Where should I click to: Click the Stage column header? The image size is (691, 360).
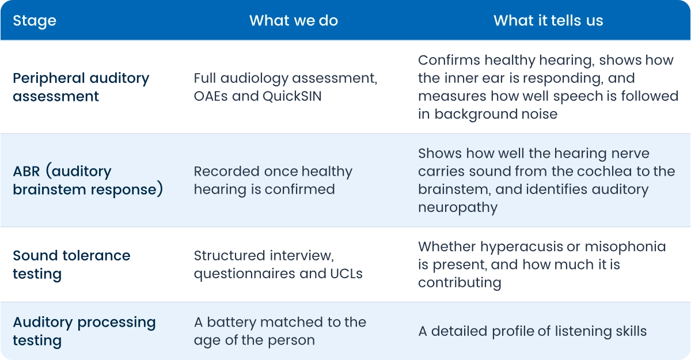35,21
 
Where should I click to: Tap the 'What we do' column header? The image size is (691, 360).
293,21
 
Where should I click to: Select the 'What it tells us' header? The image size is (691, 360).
548,21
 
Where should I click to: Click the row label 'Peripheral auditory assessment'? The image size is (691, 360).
81,87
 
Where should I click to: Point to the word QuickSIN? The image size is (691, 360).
292,96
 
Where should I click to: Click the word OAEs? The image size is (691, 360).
210,96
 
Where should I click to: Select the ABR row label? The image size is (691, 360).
88,180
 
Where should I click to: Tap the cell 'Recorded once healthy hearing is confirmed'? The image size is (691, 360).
273,180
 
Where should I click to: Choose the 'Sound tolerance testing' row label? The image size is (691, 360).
71,264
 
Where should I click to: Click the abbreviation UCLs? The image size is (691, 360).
346,274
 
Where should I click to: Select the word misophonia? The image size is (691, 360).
625,247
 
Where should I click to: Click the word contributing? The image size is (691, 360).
460,283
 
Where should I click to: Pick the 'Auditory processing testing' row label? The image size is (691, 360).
84,331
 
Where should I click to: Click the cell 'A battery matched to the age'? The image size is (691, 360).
280,331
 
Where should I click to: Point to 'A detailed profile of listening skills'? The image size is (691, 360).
533,331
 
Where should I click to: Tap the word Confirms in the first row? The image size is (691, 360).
449,60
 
